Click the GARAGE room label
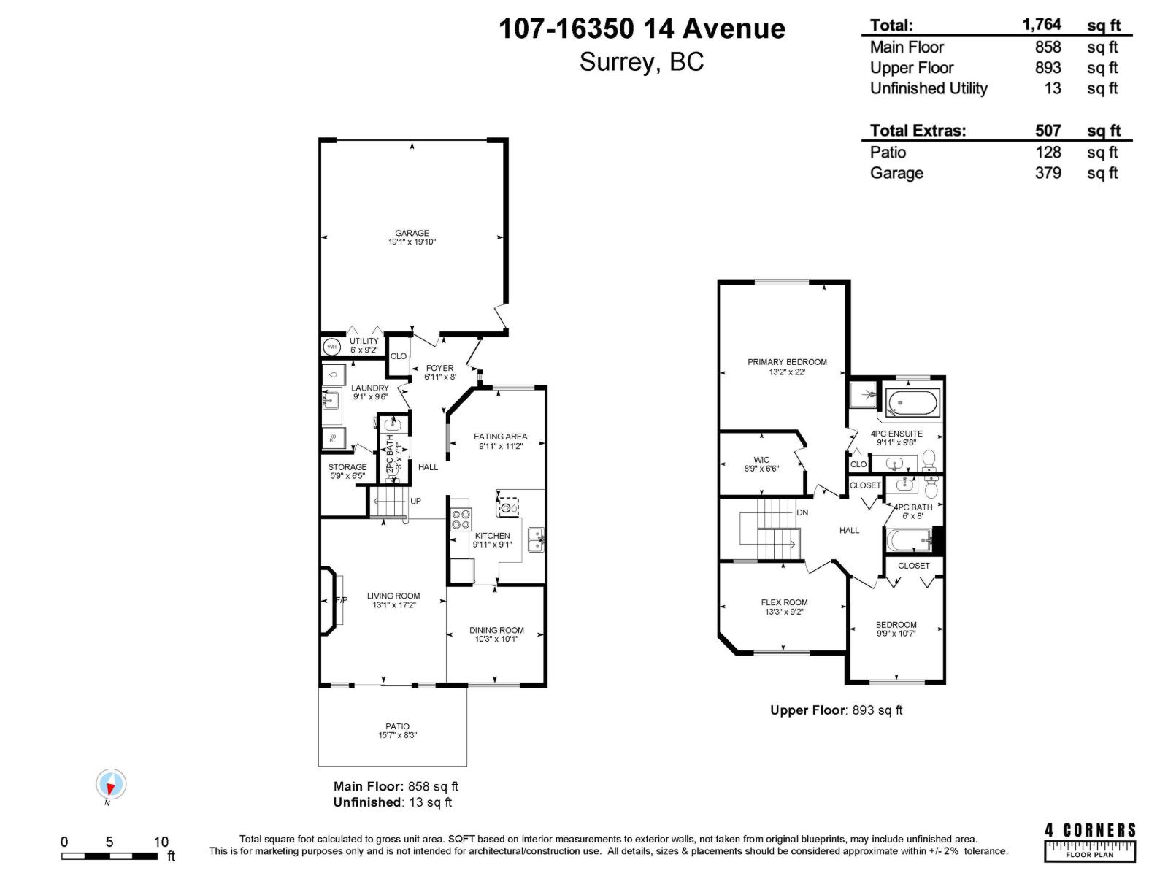[x=412, y=234]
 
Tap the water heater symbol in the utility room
[x=331, y=347]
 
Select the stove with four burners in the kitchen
[x=461, y=519]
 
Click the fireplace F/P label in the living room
[x=341, y=600]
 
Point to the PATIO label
[x=397, y=726]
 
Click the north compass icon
[x=111, y=785]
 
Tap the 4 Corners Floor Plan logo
[x=1090, y=842]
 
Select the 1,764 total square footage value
[x=1042, y=25]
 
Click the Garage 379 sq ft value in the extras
[x=1048, y=173]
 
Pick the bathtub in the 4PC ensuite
[x=912, y=402]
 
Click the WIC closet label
[x=761, y=460]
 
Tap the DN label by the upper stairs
[x=802, y=512]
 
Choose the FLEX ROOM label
[x=784, y=603]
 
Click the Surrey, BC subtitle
[x=641, y=62]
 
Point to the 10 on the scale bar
[x=161, y=842]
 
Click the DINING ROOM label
[x=496, y=630]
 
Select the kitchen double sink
[x=536, y=539]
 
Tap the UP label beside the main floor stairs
[x=415, y=502]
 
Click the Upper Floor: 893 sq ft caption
[x=836, y=710]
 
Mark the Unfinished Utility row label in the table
[x=928, y=88]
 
